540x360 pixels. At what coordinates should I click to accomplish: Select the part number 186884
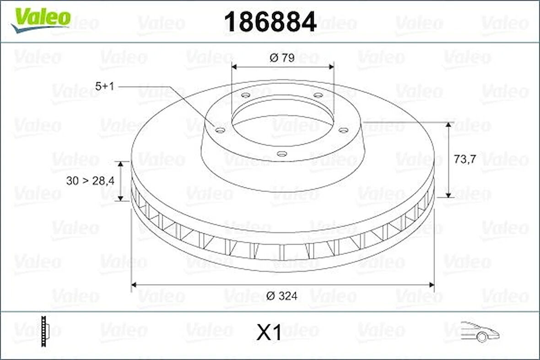click(x=270, y=22)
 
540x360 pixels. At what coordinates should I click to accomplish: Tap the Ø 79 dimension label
click(x=282, y=58)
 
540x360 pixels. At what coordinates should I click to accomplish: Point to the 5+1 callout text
click(x=104, y=86)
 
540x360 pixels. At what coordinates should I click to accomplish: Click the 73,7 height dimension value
click(x=465, y=159)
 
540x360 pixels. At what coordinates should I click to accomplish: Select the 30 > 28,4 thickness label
click(x=90, y=180)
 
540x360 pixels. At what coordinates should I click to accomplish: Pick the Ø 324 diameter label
click(x=281, y=296)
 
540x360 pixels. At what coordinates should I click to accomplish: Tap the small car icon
click(x=479, y=331)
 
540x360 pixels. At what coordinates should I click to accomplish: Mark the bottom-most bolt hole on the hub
click(x=282, y=154)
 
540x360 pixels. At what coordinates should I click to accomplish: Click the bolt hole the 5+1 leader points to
click(x=220, y=131)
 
